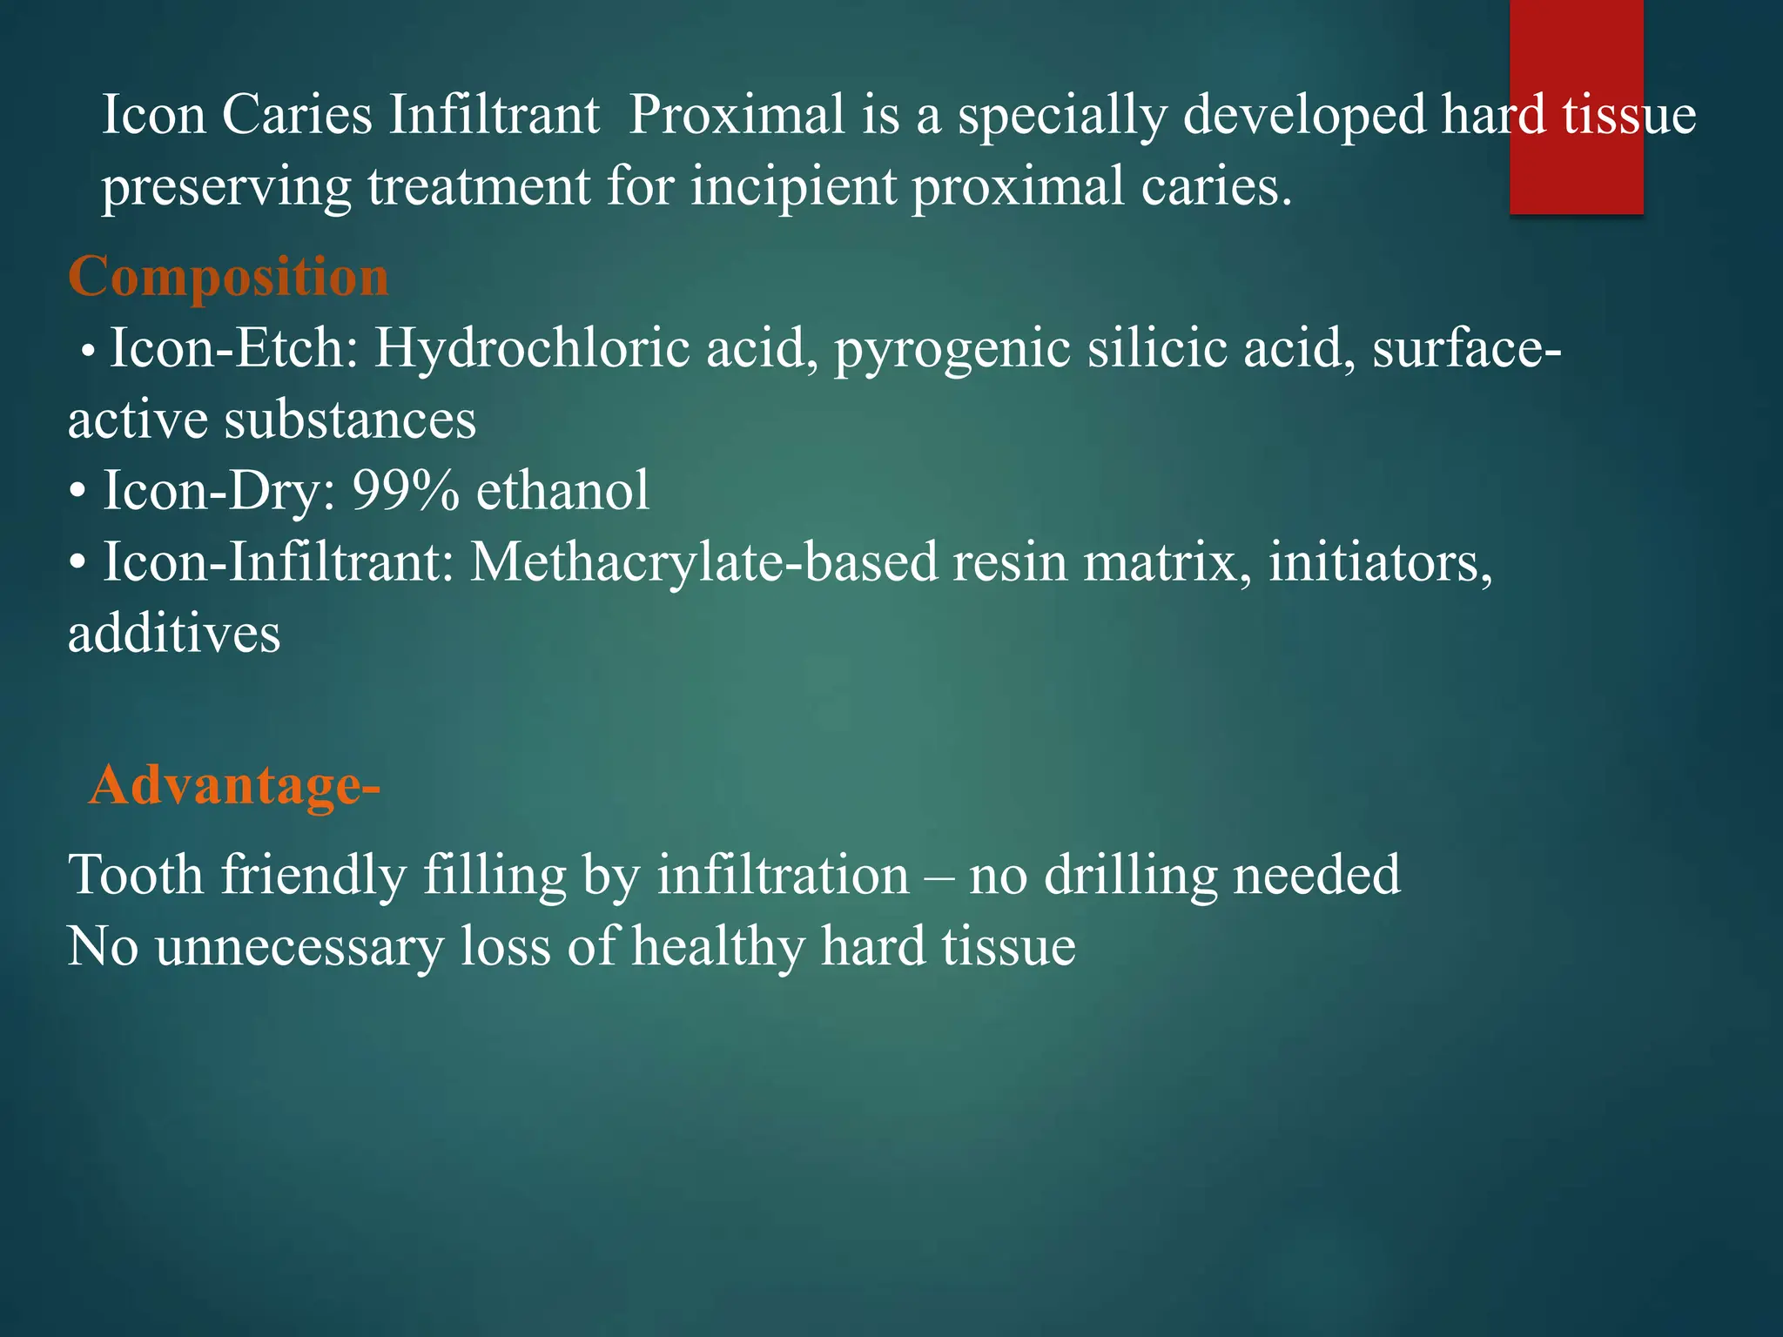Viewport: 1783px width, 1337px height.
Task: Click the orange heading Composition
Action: [x=228, y=277]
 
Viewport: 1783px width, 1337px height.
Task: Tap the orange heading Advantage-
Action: [x=234, y=784]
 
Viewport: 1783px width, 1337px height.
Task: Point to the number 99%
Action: [x=406, y=490]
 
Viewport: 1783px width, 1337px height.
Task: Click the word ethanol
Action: [x=562, y=490]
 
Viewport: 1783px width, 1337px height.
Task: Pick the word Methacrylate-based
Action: [x=703, y=561]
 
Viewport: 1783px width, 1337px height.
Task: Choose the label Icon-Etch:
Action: [x=233, y=348]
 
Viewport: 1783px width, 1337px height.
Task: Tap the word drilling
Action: [x=1130, y=875]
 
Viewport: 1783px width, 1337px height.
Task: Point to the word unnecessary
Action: [x=299, y=946]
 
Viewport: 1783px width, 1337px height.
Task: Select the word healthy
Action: [x=719, y=946]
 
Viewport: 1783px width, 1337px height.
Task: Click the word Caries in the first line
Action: [x=297, y=114]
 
